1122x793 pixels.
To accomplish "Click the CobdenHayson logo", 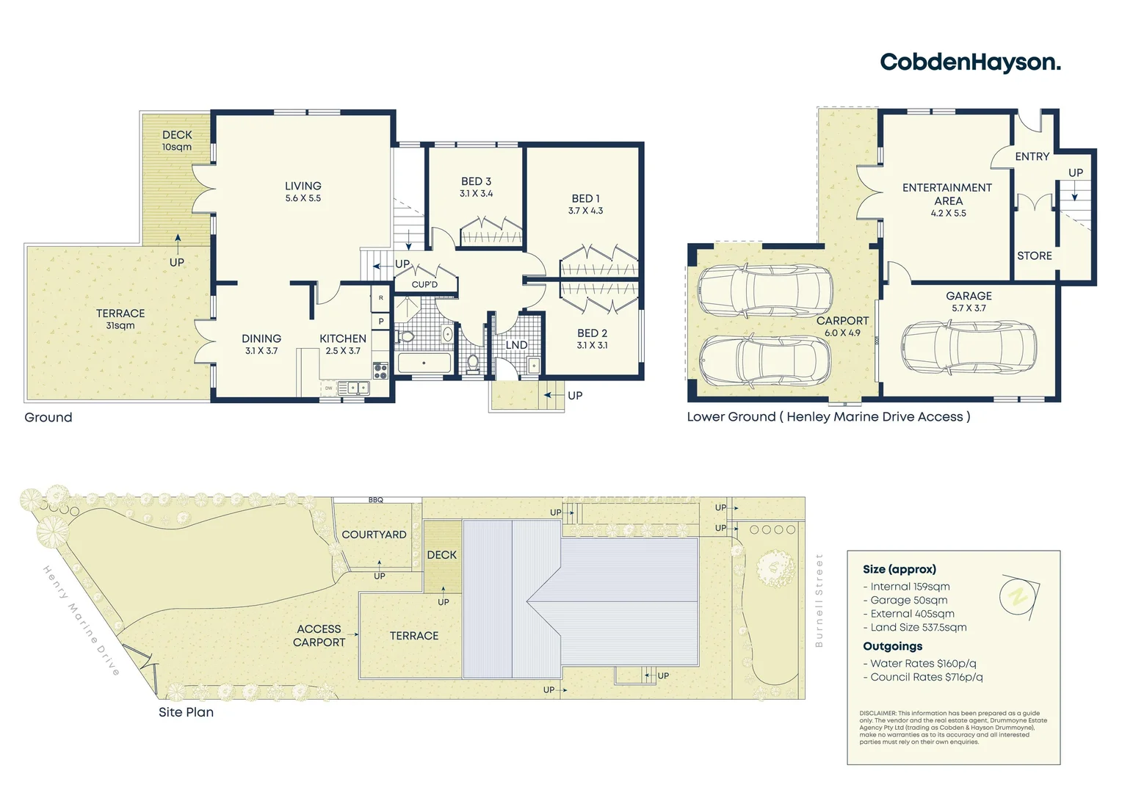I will [970, 62].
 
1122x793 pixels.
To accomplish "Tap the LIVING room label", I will [303, 191].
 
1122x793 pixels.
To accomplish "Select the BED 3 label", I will [476, 187].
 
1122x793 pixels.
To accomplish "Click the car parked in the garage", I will [969, 348].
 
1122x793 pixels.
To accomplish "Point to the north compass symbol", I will [1018, 597].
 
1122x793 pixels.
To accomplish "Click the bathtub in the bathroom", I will [424, 363].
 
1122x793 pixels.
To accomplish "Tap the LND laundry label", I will [516, 344].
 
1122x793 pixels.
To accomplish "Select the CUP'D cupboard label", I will [424, 284].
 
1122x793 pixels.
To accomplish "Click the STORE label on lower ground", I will [1034, 256].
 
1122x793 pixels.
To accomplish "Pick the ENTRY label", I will [1032, 156].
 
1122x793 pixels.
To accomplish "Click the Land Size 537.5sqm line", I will [914, 627].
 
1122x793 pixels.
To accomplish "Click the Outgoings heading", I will [892, 646].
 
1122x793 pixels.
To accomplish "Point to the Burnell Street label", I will [819, 601].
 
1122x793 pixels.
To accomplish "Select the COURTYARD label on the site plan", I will [374, 535].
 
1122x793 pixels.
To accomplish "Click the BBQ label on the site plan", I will [376, 500].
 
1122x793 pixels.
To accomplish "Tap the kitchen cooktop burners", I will [380, 371].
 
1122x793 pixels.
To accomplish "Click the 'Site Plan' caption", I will [186, 711].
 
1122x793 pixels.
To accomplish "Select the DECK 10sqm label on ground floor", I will [177, 140].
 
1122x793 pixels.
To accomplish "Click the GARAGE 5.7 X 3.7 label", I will [969, 301].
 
